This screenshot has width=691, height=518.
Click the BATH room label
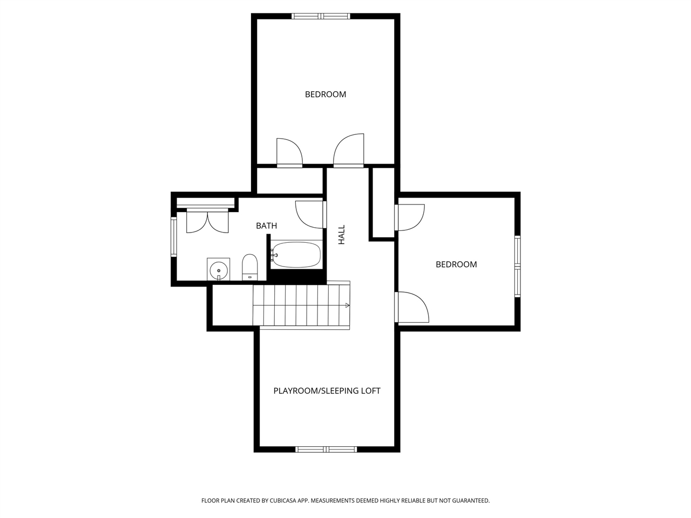pos(266,226)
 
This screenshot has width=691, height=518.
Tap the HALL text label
pos(341,235)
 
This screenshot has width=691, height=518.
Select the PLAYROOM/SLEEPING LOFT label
pos(327,391)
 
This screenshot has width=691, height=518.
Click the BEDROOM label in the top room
pos(325,94)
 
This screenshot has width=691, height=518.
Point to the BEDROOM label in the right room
pos(456,264)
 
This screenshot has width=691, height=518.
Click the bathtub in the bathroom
pos(296,255)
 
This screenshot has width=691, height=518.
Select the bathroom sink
pos(219,269)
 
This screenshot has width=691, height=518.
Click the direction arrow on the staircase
pos(347,305)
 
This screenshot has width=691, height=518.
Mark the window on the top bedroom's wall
pos(321,16)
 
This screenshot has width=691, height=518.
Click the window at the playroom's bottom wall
pos(326,449)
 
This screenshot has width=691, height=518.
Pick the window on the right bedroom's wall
pos(517,267)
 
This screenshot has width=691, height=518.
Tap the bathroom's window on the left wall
pos(174,236)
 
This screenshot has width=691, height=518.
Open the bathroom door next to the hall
pos(310,214)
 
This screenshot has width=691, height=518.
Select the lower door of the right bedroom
pos(412,308)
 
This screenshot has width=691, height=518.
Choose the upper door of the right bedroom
pos(410,217)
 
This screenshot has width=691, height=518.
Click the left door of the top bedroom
pos(289,153)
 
